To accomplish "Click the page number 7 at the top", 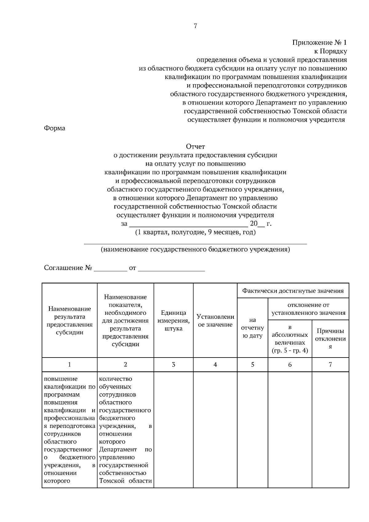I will [195, 26].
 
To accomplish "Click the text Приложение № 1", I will [319, 42].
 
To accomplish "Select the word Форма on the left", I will [55, 128].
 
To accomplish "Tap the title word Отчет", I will [195, 147].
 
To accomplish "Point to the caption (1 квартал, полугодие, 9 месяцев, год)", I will [195, 232].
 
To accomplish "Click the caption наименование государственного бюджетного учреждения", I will [195, 249].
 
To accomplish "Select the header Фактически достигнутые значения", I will [293, 291].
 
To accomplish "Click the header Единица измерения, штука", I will [173, 321].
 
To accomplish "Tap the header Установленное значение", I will [215, 321].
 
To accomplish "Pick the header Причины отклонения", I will [330, 339].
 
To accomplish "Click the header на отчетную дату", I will [252, 328].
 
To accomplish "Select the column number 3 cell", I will [173, 365].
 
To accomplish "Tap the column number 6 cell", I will [290, 365].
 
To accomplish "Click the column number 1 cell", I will [69, 365].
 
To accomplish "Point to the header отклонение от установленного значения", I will [308, 309].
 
